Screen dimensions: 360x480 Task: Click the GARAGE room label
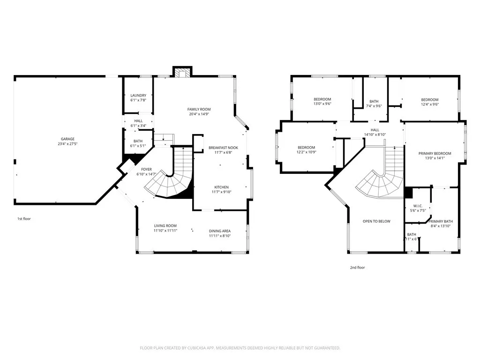coord(67,139)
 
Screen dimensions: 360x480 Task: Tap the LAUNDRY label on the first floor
coord(138,96)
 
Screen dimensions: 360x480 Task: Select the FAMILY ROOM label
coord(199,109)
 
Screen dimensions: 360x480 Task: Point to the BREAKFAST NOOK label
coord(223,148)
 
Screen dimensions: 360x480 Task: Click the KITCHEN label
coord(222,187)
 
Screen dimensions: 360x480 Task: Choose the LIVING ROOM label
coord(165,226)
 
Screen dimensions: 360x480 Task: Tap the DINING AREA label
coord(219,231)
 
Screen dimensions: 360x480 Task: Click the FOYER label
coord(147,169)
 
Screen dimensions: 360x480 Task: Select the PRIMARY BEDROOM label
coord(435,154)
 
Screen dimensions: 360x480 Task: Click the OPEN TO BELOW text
coord(376,221)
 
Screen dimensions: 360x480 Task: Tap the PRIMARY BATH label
coord(441,221)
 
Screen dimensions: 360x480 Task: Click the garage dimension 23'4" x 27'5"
coord(67,144)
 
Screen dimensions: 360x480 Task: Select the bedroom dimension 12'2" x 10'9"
coord(306,152)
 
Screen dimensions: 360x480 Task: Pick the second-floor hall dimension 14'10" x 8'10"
coord(375,135)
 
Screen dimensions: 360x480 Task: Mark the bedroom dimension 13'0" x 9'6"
coord(322,105)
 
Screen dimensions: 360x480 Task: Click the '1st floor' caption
coord(24,219)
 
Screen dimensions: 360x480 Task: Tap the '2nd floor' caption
coord(357,268)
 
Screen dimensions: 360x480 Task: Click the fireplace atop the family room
coord(182,72)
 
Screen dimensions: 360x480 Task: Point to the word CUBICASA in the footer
coord(198,348)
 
